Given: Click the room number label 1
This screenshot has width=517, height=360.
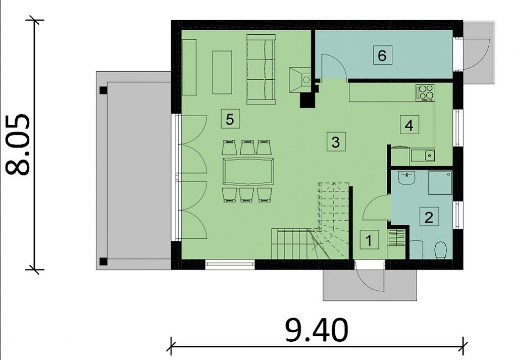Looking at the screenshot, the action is tap(369, 240).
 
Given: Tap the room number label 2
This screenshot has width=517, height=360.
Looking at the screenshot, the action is tap(429, 217).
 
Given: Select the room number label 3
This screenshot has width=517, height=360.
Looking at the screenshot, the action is tap(336, 142).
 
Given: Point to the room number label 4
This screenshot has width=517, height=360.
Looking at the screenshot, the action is tap(409, 125).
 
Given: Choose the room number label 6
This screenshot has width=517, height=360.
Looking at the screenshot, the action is tap(382, 55).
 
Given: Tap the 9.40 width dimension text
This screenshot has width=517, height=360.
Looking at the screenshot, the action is tap(316, 330).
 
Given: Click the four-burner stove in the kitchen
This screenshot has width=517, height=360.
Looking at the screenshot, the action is tap(425, 92).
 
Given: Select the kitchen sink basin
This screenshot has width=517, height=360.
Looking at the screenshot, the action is tap(429, 155).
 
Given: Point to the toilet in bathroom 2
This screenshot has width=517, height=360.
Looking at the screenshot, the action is tap(440, 250).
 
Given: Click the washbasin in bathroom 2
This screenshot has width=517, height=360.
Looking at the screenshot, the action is tap(406, 179).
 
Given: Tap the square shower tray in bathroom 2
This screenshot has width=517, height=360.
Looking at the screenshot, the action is tap(440, 183).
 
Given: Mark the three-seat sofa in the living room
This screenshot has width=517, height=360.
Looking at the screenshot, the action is tap(261, 70).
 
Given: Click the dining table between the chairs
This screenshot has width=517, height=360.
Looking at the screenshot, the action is tap(248, 172).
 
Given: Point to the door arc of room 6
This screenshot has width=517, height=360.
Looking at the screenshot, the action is tap(336, 63).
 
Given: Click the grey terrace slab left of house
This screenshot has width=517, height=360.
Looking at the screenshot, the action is tap(133, 171).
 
